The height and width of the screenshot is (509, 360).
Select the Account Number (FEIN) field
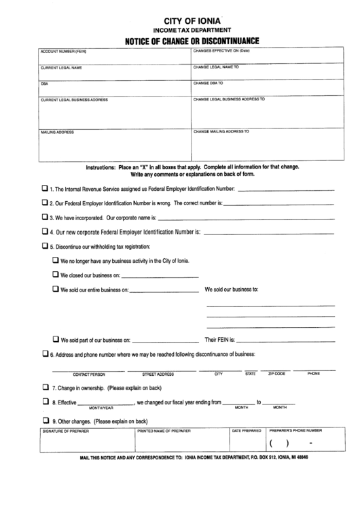tap(113, 56)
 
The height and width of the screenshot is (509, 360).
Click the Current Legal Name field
tap(113, 73)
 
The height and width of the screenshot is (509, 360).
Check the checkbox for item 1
tap(45, 188)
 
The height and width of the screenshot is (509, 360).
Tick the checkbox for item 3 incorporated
tap(45, 217)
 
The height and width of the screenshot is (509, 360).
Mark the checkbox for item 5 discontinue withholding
tap(45, 246)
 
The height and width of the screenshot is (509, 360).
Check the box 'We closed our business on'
tap(56, 275)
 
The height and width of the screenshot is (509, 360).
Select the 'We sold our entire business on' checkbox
tap(56, 289)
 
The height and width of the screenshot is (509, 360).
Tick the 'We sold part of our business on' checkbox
tap(56, 338)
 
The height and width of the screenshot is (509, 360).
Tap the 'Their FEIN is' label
tap(220, 339)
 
